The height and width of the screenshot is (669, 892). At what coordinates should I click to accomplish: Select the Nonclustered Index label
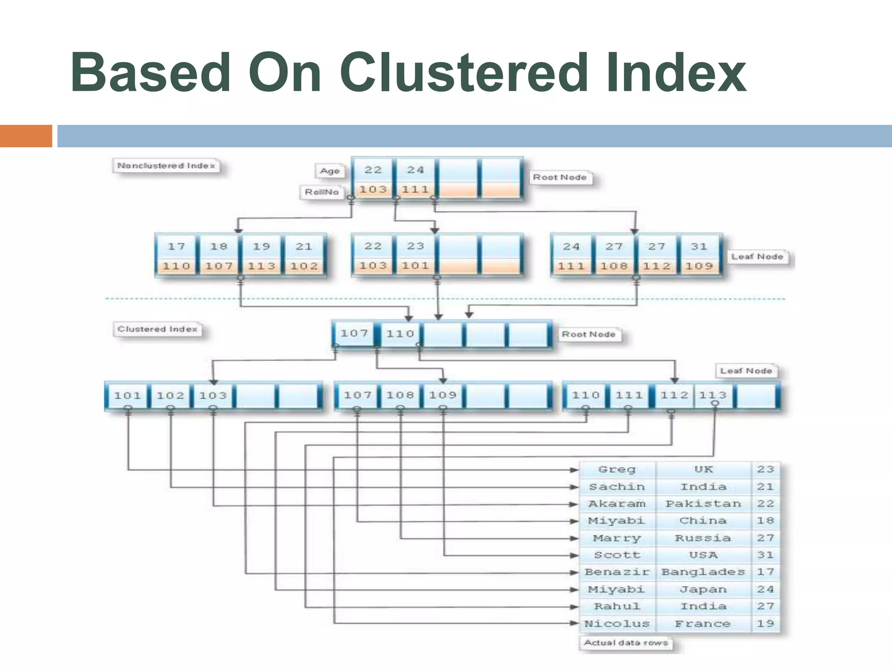click(166, 166)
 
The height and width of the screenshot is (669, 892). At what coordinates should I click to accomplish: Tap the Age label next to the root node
click(330, 171)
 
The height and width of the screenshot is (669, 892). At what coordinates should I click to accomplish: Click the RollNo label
click(321, 192)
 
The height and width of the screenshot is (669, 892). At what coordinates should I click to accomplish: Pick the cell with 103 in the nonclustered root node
click(373, 189)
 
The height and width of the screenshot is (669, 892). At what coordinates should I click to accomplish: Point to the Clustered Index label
click(157, 329)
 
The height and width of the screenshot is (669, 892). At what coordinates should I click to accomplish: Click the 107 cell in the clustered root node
click(354, 334)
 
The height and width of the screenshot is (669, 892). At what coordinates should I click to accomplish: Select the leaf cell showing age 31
click(699, 247)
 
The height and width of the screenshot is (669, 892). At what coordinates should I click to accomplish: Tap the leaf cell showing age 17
click(176, 247)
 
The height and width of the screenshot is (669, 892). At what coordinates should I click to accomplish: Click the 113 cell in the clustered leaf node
click(713, 395)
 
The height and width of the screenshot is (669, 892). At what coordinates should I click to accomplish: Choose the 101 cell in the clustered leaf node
click(127, 395)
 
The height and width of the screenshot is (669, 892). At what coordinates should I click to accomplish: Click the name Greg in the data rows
click(617, 470)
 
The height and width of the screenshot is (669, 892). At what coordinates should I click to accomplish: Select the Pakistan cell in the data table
click(703, 504)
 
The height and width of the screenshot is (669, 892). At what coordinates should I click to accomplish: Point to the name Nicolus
click(617, 624)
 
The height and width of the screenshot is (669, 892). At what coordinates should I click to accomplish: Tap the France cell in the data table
click(703, 624)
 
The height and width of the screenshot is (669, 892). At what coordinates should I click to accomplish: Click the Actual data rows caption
click(625, 643)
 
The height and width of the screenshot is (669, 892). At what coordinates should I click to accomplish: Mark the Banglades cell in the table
click(703, 572)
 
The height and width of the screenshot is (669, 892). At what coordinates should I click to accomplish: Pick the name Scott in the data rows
click(617, 555)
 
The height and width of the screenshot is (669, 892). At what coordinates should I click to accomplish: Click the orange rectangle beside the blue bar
click(26, 136)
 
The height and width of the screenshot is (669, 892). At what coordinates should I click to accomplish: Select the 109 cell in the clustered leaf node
click(443, 395)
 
